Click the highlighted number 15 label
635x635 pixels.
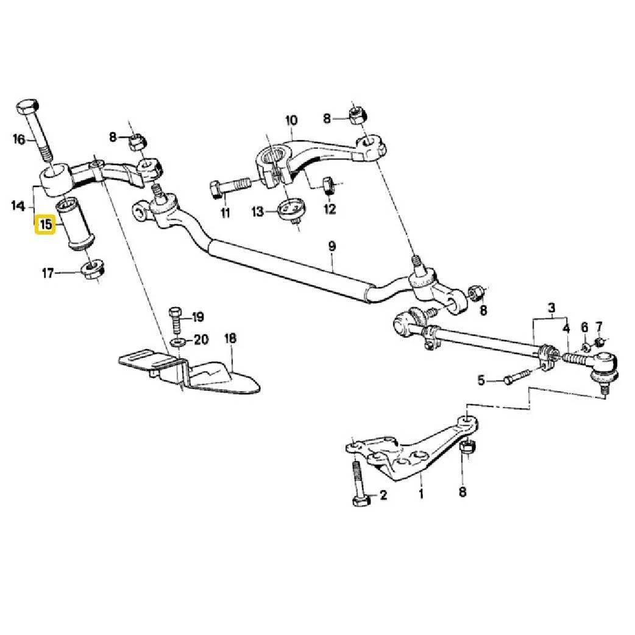[x=46, y=224]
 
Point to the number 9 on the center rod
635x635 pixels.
[x=332, y=246]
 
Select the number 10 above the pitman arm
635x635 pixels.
[x=290, y=120]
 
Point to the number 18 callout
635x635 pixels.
[x=230, y=338]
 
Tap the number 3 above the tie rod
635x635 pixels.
[x=551, y=307]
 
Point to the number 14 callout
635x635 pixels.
[x=18, y=206]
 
